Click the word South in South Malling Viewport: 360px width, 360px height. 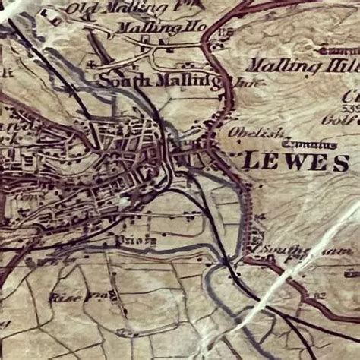tap(116, 80)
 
